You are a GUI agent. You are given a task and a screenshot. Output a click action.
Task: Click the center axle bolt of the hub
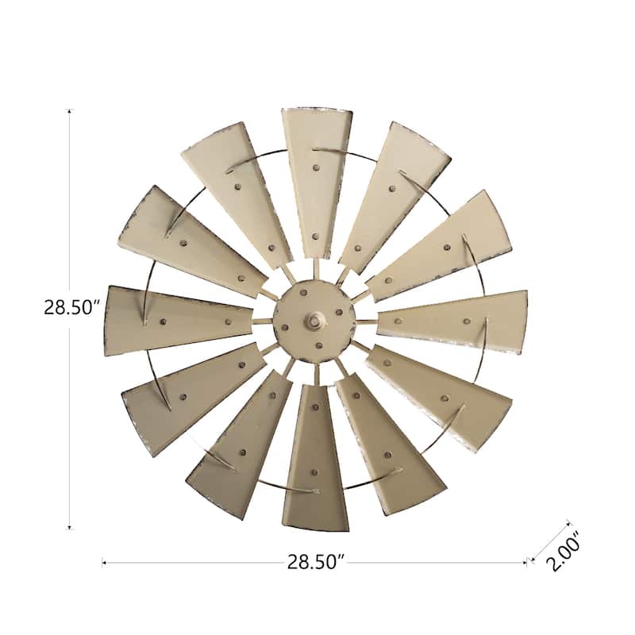click(315, 321)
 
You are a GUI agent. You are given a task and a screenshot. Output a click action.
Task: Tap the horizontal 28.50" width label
click(315, 562)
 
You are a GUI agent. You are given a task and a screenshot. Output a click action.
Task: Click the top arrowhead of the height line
click(70, 113)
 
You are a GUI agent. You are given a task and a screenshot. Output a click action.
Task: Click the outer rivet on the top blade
click(317, 167)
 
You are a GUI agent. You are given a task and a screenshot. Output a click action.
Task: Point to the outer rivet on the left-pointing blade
click(164, 321)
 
